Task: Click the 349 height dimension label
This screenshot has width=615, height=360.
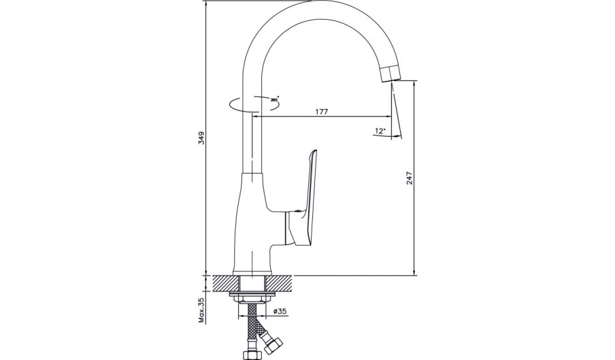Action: (201, 138)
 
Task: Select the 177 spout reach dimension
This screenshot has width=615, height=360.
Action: (322, 112)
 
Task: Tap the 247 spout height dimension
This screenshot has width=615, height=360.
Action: (410, 178)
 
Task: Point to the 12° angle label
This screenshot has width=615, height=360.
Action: (380, 131)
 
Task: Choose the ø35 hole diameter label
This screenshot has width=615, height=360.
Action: (280, 312)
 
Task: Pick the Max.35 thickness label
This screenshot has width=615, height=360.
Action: (202, 310)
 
